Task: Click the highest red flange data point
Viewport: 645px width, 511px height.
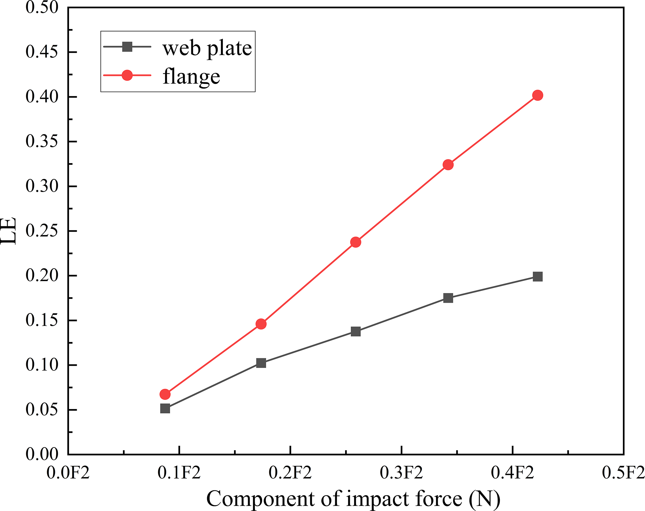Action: click(537, 95)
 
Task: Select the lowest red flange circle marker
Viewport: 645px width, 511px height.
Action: click(165, 394)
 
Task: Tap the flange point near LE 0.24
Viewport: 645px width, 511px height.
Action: click(356, 242)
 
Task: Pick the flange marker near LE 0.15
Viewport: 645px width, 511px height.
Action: click(261, 324)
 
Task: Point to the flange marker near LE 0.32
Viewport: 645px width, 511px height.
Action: click(448, 164)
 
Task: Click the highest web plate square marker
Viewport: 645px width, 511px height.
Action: click(537, 277)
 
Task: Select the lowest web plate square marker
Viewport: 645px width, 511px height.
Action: click(165, 408)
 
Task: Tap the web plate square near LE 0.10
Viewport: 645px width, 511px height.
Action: click(261, 363)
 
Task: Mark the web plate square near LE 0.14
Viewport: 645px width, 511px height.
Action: click(356, 331)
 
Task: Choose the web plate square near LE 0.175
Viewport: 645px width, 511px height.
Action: click(448, 298)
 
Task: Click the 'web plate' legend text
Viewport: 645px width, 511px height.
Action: click(207, 48)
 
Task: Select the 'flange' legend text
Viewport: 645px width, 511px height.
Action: click(191, 76)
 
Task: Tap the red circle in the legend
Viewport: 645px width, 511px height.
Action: click(127, 75)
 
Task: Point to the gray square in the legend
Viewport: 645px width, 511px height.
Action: click(127, 47)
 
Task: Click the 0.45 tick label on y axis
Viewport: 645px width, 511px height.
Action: click(42, 52)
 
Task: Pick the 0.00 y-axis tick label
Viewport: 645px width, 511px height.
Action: click(42, 454)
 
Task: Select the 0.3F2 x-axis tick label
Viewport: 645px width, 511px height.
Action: click(401, 473)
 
